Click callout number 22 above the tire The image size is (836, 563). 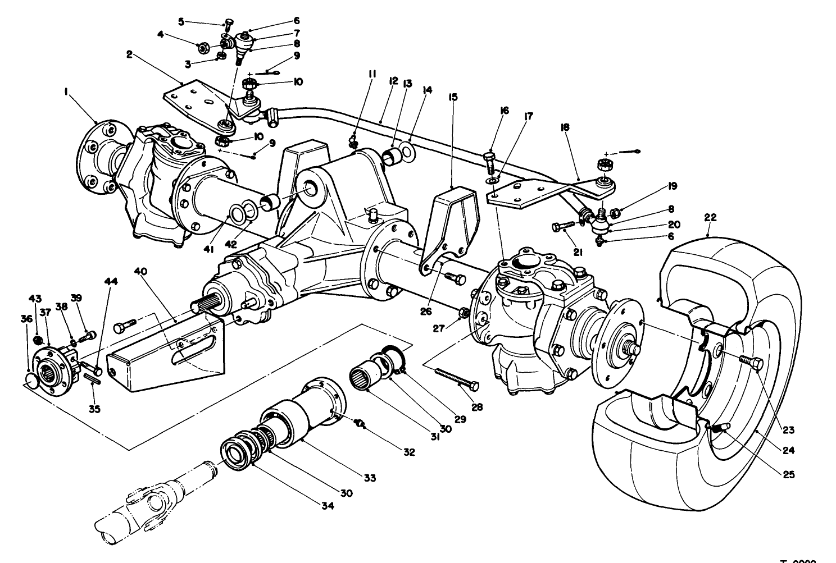(711, 217)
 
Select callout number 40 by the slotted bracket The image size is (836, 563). (141, 271)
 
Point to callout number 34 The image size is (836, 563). (328, 506)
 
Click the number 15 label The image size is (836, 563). (453, 97)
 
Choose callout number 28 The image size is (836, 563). (476, 407)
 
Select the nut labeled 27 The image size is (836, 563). (463, 313)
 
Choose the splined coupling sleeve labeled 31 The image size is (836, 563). (365, 374)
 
